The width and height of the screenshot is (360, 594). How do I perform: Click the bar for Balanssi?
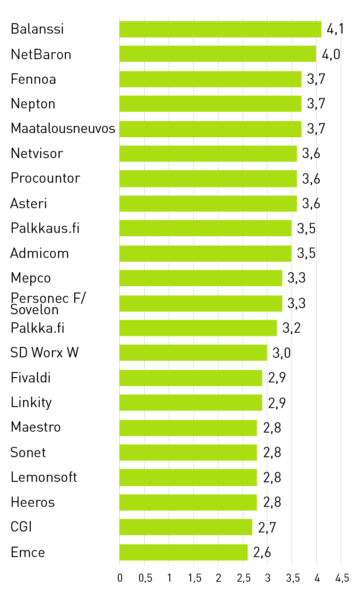pyautogui.click(x=220, y=29)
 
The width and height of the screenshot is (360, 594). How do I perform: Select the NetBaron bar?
pyautogui.click(x=218, y=54)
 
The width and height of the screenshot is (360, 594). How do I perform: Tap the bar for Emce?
pyautogui.click(x=184, y=552)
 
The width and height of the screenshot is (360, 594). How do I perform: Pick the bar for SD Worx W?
pyautogui.click(x=193, y=353)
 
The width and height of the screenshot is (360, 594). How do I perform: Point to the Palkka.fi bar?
pyautogui.click(x=198, y=328)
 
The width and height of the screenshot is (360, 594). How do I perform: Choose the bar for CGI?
pyautogui.click(x=185, y=527)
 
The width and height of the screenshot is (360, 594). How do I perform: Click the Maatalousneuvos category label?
pyautogui.click(x=63, y=128)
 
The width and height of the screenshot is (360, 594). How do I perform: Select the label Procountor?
pyautogui.click(x=45, y=178)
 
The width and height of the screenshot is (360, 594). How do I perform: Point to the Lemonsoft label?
pyautogui.click(x=44, y=477)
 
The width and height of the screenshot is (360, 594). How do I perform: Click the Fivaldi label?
pyautogui.click(x=31, y=378)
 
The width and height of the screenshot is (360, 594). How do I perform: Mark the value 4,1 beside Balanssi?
pyautogui.click(x=335, y=29)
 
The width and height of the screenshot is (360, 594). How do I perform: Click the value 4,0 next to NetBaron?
pyautogui.click(x=331, y=54)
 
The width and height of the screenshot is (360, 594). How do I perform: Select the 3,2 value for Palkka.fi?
pyautogui.click(x=291, y=328)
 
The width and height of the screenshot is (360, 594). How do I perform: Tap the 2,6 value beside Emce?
pyautogui.click(x=262, y=552)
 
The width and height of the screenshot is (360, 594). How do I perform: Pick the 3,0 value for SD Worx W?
pyautogui.click(x=281, y=353)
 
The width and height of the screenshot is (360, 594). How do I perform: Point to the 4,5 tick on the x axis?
pyautogui.click(x=342, y=578)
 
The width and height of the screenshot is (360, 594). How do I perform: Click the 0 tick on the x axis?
pyautogui.click(x=120, y=578)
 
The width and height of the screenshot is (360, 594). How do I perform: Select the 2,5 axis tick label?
pyautogui.click(x=244, y=578)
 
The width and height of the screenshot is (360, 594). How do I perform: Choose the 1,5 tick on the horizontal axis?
pyautogui.click(x=194, y=578)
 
